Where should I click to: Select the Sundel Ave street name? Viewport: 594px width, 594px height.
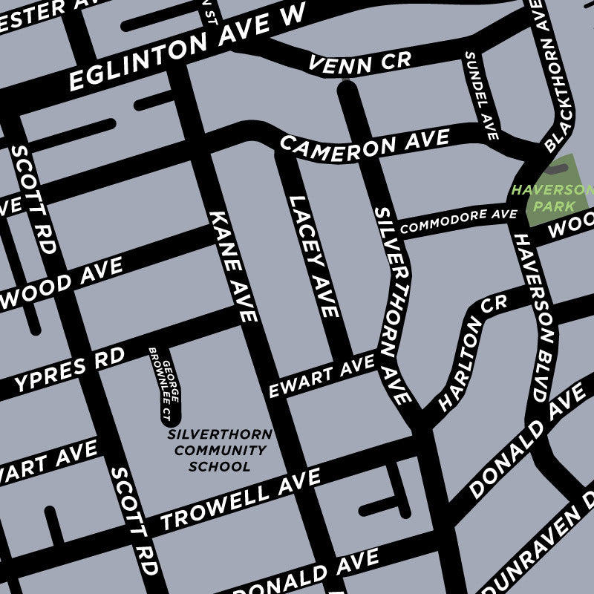click(x=480, y=96)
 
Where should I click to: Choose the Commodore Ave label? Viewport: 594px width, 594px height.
click(x=458, y=221)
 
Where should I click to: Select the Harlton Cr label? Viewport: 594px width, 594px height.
click(x=472, y=353)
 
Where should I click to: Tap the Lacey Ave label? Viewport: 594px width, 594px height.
click(x=313, y=256)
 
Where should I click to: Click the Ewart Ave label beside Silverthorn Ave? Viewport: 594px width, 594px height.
click(x=322, y=376)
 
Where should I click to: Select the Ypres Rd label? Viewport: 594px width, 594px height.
click(x=70, y=371)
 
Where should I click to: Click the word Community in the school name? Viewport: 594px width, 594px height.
click(x=220, y=451)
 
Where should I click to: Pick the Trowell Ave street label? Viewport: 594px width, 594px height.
click(x=241, y=499)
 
